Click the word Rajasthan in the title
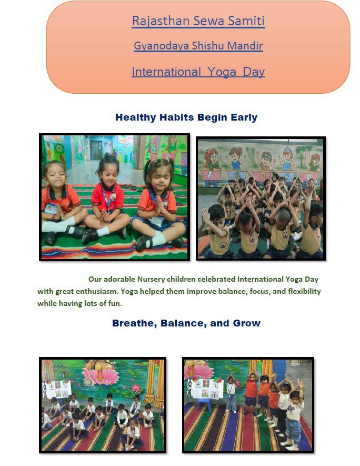pyautogui.click(x=161, y=21)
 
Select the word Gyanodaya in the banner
pyautogui.click(x=161, y=46)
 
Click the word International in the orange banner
pyautogui.click(x=166, y=72)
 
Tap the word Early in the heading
pyautogui.click(x=244, y=117)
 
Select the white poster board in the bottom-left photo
pyautogui.click(x=58, y=389)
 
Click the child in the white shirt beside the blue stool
pyautogui.click(x=232, y=392)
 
